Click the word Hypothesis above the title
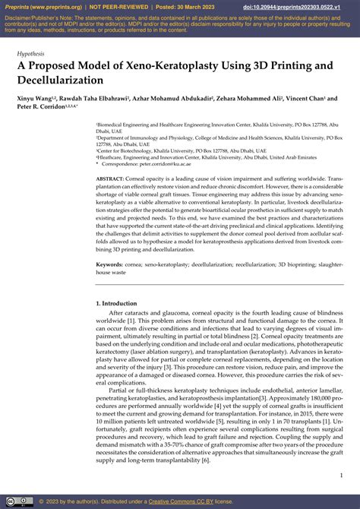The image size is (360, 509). [31, 55]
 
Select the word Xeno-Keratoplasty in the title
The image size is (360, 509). [150, 67]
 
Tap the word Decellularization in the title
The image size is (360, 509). [60, 80]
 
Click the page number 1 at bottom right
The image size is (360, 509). [339, 476]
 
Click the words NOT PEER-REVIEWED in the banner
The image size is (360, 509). [120, 7]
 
